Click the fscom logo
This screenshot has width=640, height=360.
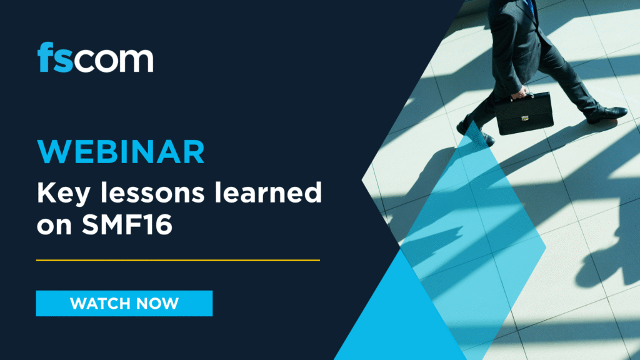click(x=95, y=57)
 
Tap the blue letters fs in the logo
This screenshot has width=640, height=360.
click(x=55, y=57)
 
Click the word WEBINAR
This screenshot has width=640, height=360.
click(x=121, y=152)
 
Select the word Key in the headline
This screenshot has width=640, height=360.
click(x=64, y=194)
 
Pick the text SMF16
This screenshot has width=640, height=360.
click(x=127, y=224)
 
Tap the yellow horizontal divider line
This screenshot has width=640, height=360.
click(x=178, y=260)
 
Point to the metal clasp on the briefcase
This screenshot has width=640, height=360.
click(x=525, y=119)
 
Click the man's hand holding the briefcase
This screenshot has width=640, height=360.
click(x=519, y=93)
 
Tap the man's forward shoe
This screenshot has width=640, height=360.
click(x=607, y=114)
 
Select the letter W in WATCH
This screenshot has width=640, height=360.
click(x=78, y=304)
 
